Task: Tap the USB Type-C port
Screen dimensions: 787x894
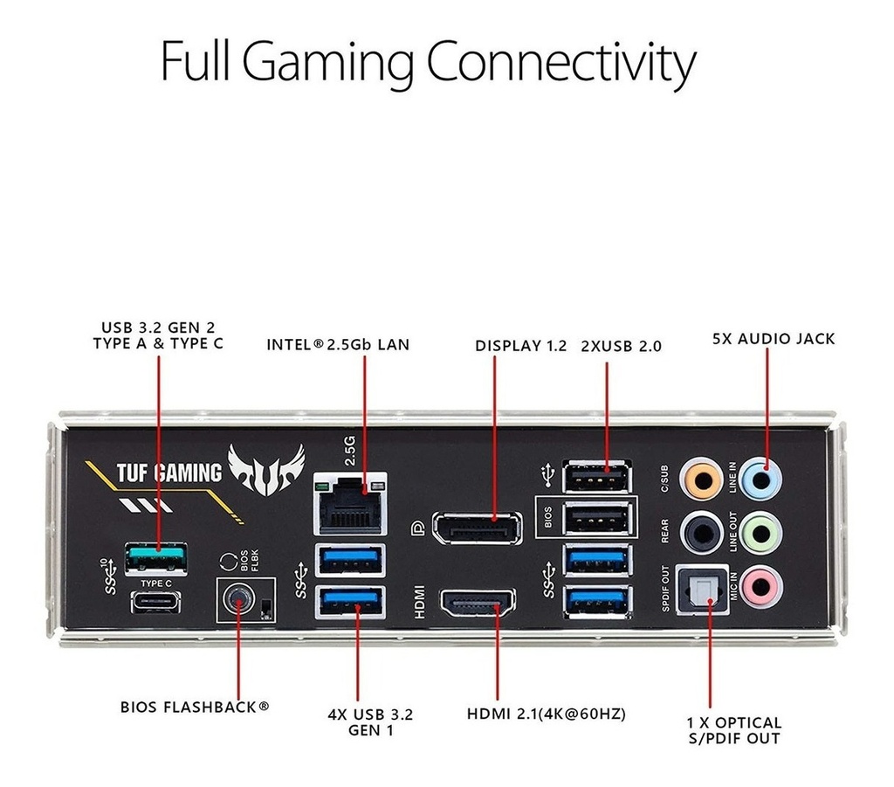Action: click(x=156, y=601)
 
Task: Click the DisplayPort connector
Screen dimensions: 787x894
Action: click(x=477, y=529)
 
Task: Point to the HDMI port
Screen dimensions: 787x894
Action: click(x=477, y=602)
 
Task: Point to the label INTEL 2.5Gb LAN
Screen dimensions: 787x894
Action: click(x=338, y=345)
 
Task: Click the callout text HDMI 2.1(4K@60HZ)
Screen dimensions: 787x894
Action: click(x=547, y=714)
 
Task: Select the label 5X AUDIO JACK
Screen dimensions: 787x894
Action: click(x=774, y=339)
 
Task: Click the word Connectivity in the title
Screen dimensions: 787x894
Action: click(x=563, y=63)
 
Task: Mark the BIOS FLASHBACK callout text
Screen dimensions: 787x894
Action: click(x=195, y=706)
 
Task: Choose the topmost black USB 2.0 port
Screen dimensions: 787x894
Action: click(x=598, y=478)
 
